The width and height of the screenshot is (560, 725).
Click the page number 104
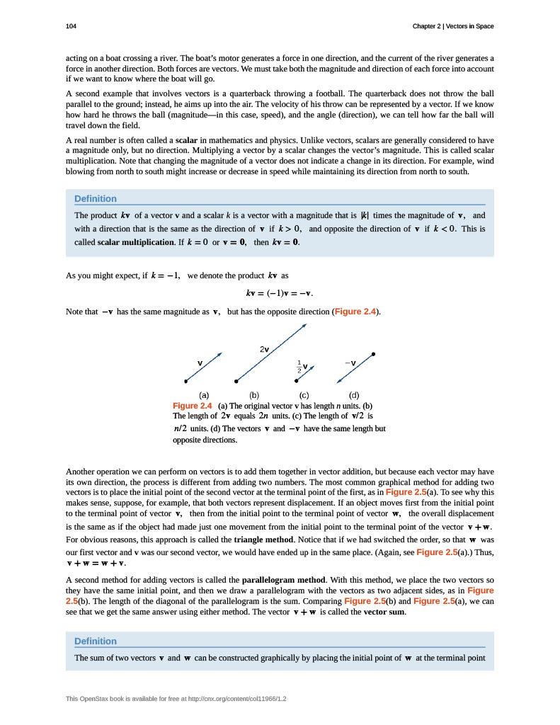pos(71,26)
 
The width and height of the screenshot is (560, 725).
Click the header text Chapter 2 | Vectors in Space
pos(453,26)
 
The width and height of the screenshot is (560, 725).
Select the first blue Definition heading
pos(96,198)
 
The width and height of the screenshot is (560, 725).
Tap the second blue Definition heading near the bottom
pos(96,641)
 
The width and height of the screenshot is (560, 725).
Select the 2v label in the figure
pos(264,349)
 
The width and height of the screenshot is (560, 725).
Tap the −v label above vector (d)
pos(350,363)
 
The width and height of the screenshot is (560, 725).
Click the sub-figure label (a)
pos(204,395)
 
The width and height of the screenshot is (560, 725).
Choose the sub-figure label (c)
pos(304,395)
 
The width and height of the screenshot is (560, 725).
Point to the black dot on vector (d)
pos(373,353)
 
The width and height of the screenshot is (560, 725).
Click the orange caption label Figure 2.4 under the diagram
pos(193,406)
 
